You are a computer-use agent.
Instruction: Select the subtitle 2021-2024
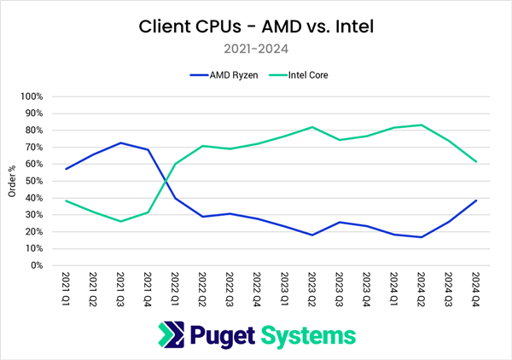point(256,49)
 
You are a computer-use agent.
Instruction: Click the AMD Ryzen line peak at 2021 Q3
point(121,143)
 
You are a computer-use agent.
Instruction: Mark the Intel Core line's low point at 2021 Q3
point(121,221)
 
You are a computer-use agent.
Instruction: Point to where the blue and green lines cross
point(165,181)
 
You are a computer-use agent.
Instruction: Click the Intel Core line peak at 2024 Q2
point(422,125)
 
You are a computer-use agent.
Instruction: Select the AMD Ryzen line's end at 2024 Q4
point(476,200)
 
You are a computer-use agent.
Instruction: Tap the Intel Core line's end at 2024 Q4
point(476,162)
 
